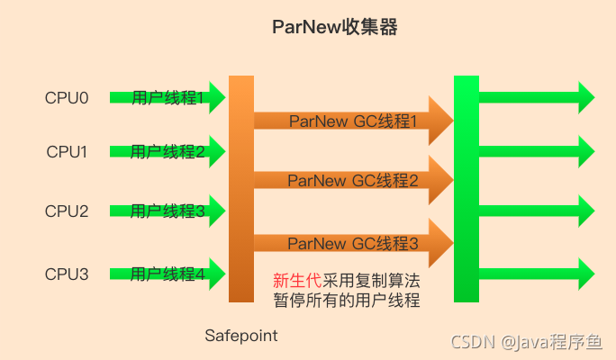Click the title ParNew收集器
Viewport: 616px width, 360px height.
click(335, 28)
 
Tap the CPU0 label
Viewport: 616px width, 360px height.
click(67, 97)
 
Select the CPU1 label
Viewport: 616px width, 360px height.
click(67, 152)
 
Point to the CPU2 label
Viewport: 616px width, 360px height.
click(67, 211)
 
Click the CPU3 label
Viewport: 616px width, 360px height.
click(67, 274)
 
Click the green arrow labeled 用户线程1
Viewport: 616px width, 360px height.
click(167, 97)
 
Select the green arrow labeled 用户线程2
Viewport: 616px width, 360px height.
click(167, 152)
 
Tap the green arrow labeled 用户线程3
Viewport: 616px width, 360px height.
click(167, 211)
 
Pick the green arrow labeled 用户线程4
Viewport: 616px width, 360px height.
click(167, 274)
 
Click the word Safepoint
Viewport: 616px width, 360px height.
click(240, 336)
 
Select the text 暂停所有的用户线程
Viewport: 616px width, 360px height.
click(347, 300)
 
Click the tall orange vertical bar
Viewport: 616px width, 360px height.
click(241, 189)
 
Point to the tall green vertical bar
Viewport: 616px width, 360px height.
click(466, 189)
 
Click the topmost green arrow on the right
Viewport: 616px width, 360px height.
click(536, 97)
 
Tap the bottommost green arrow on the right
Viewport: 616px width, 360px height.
click(536, 274)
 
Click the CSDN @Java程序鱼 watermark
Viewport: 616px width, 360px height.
click(528, 342)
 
